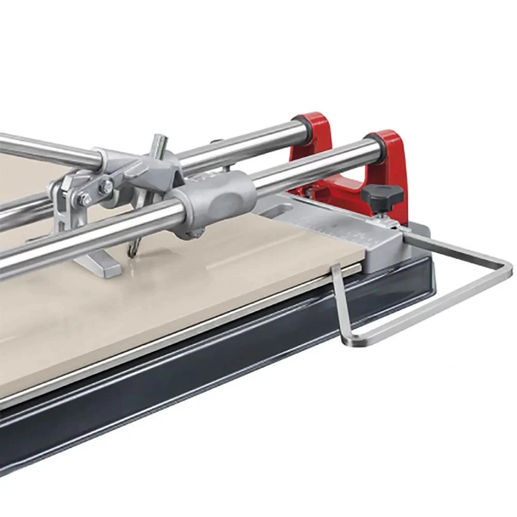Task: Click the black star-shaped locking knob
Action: pyautogui.click(x=382, y=194)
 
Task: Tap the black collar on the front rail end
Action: pyautogui.click(x=371, y=146)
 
